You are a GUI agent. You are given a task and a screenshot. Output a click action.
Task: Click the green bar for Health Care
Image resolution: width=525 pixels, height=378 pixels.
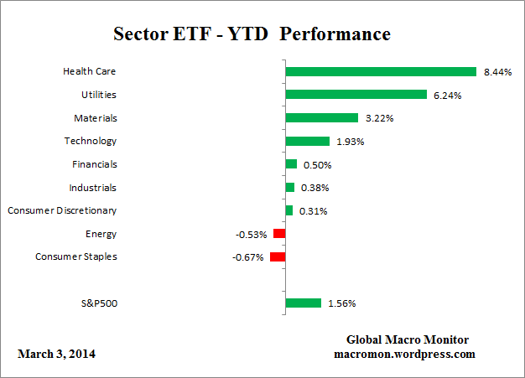tap(381, 71)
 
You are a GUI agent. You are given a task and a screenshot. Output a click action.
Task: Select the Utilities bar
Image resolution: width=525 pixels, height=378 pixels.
tap(356, 95)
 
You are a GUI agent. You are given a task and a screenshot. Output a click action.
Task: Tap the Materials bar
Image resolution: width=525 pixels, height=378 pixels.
tap(322, 118)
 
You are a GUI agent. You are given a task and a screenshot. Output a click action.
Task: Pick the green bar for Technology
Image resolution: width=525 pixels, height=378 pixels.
tap(308, 141)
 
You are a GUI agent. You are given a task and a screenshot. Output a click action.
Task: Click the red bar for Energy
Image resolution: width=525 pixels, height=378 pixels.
tap(279, 234)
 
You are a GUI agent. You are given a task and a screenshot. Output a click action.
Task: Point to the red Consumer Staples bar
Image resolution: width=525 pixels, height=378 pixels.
tap(278, 256)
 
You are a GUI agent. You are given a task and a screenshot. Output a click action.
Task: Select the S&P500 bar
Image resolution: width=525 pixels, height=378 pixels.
tap(304, 303)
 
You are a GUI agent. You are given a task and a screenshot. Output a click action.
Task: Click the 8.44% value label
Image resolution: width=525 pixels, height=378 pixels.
tap(497, 72)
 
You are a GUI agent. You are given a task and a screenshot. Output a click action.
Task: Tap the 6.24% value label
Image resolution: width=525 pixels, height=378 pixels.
tap(448, 96)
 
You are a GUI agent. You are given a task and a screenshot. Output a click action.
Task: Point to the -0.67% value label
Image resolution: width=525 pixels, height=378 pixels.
tap(247, 257)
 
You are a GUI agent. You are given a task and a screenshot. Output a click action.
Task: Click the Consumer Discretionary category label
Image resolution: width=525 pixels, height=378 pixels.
tap(62, 210)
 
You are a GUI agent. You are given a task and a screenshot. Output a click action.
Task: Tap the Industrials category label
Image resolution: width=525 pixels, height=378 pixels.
tap(92, 188)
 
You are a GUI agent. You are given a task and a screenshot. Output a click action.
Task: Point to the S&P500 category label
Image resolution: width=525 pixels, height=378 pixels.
tap(99, 303)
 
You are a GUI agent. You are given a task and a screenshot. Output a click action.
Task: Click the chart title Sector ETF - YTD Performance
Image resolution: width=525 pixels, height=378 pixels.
tap(252, 34)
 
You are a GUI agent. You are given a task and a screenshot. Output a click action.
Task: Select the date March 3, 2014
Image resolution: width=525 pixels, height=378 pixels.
tap(56, 354)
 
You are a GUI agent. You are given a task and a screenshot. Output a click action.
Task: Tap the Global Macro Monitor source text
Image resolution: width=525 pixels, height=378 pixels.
tap(408, 339)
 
